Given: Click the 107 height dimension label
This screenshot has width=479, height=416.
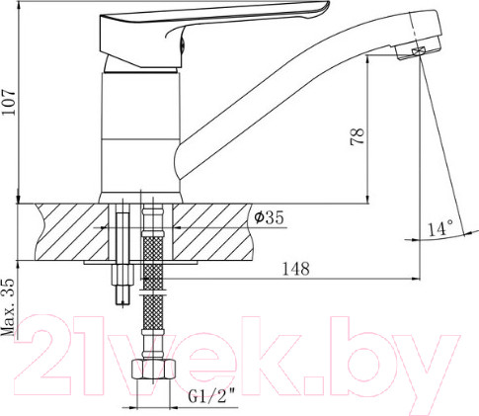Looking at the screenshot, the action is (9, 102).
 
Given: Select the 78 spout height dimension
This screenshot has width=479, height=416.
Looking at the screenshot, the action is (358, 136).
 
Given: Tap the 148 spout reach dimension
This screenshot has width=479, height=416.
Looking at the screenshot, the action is (296, 269).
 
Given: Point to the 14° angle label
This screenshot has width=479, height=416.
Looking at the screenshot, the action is (440, 228).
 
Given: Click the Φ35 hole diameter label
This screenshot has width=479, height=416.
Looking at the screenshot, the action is (269, 217).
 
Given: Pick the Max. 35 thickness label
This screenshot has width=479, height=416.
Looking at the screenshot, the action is (9, 307).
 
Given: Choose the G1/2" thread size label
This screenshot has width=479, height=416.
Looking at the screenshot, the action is (212, 396).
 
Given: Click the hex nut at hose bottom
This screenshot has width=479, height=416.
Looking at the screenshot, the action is (153, 370).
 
